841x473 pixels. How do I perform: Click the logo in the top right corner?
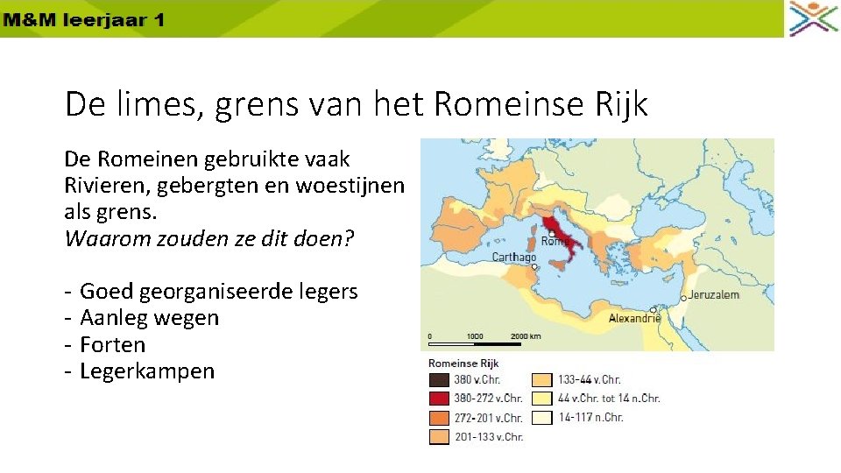[x=813, y=18]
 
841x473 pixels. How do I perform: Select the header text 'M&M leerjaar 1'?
[x=83, y=19]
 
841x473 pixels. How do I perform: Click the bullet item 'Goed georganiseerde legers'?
[x=218, y=291]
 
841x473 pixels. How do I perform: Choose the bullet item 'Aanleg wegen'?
[x=149, y=318]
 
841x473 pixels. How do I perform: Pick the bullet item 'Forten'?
[x=112, y=345]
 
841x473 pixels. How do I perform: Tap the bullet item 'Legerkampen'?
[x=146, y=371]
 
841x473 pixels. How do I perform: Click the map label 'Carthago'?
[x=514, y=258]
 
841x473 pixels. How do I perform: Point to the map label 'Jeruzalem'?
[x=712, y=295]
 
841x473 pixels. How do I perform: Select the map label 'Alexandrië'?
[x=635, y=319]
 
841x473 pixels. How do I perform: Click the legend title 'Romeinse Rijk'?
[x=464, y=363]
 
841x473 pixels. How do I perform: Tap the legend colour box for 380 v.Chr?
[x=438, y=380]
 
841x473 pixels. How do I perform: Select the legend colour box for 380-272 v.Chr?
[x=438, y=399]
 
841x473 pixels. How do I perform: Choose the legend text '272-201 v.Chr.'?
[x=488, y=418]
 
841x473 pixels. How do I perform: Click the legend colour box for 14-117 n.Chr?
[x=542, y=418]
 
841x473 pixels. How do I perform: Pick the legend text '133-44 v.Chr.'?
[x=589, y=380]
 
